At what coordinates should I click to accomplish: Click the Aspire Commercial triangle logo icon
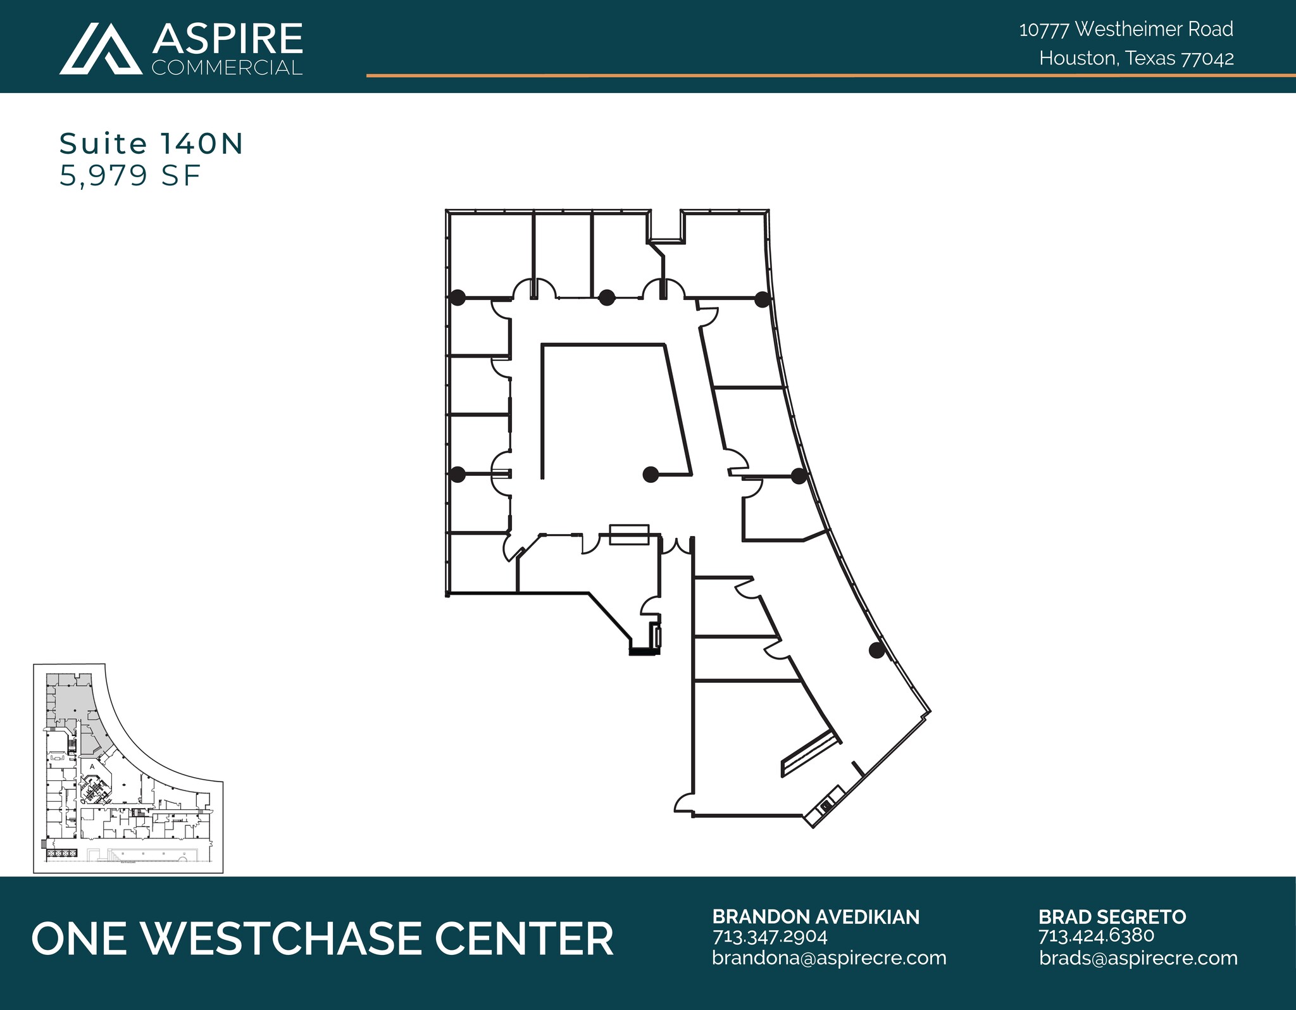pos(101,49)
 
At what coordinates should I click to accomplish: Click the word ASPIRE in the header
pos(227,39)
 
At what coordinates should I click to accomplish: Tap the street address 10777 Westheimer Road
pos(1126,29)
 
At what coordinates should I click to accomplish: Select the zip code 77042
pos(1207,59)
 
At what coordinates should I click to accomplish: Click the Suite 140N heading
pos(151,144)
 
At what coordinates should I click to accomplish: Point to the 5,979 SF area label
pos(130,175)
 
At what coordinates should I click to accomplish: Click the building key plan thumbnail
pos(128,768)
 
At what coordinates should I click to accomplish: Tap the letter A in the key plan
pos(92,766)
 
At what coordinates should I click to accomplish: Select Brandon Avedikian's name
pos(816,917)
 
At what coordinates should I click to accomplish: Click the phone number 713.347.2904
pos(769,936)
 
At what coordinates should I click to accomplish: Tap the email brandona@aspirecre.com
pos(829,957)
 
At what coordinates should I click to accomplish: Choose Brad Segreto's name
pos(1112,917)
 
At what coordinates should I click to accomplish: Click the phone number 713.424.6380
pos(1096,935)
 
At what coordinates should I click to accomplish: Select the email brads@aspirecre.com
pos(1138,957)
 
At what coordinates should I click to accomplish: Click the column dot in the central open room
pos(649,474)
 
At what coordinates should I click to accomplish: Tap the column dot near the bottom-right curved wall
pos(876,650)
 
